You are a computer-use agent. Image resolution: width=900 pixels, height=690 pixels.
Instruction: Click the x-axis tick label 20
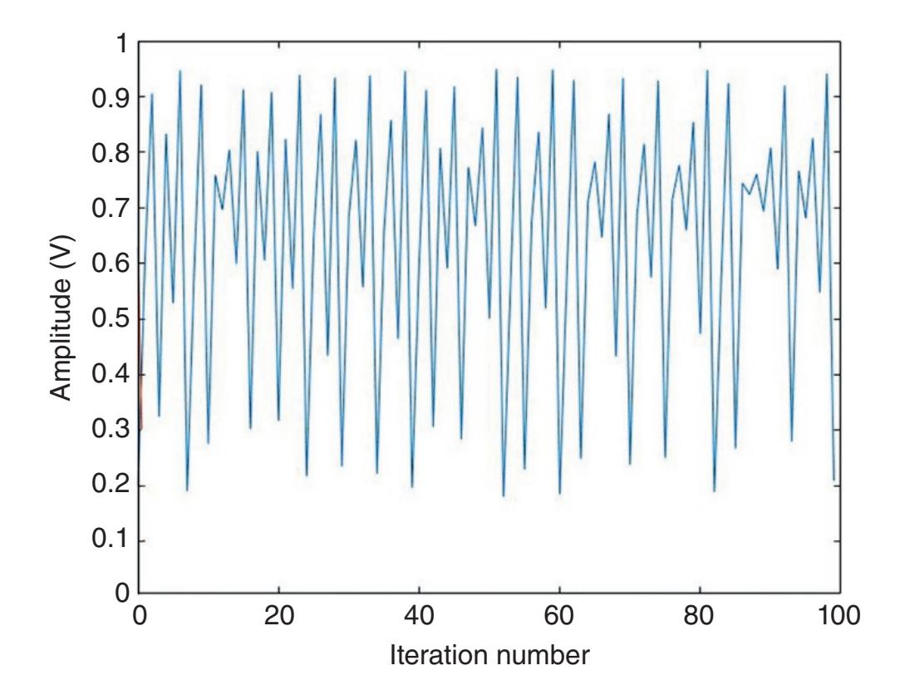(278, 617)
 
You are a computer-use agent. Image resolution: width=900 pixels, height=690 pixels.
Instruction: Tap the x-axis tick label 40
(419, 617)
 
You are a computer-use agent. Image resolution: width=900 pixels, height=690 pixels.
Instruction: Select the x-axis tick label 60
(559, 617)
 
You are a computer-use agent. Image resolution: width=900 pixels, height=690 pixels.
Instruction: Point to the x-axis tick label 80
(700, 617)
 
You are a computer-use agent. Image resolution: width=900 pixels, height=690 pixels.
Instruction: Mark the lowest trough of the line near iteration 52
(504, 496)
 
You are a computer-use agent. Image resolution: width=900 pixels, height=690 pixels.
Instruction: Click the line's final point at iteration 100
(834, 481)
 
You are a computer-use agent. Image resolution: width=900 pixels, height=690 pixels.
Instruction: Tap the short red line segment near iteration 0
(140, 391)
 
